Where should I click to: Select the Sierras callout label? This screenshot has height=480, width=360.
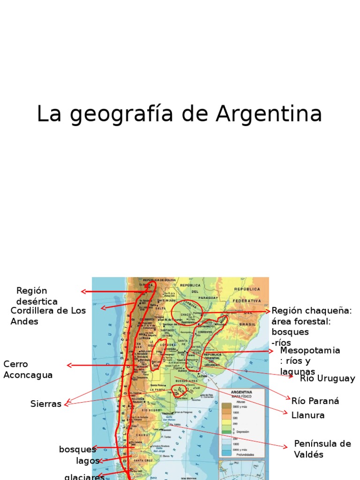pos(45,404)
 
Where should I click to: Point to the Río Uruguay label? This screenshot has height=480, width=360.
pos(327,378)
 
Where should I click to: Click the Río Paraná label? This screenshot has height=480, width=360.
pos(315,401)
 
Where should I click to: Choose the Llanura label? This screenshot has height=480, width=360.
pos(307,415)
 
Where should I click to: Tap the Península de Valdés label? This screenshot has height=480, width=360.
pos(322,449)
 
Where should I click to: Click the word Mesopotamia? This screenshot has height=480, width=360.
pos(310,351)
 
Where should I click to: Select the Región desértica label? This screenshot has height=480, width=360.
pos(37,296)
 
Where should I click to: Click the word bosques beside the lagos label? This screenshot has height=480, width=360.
pos(77,449)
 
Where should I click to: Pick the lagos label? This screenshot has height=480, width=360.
pos(88,460)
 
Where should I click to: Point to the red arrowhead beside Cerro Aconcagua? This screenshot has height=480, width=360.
pos(69,365)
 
